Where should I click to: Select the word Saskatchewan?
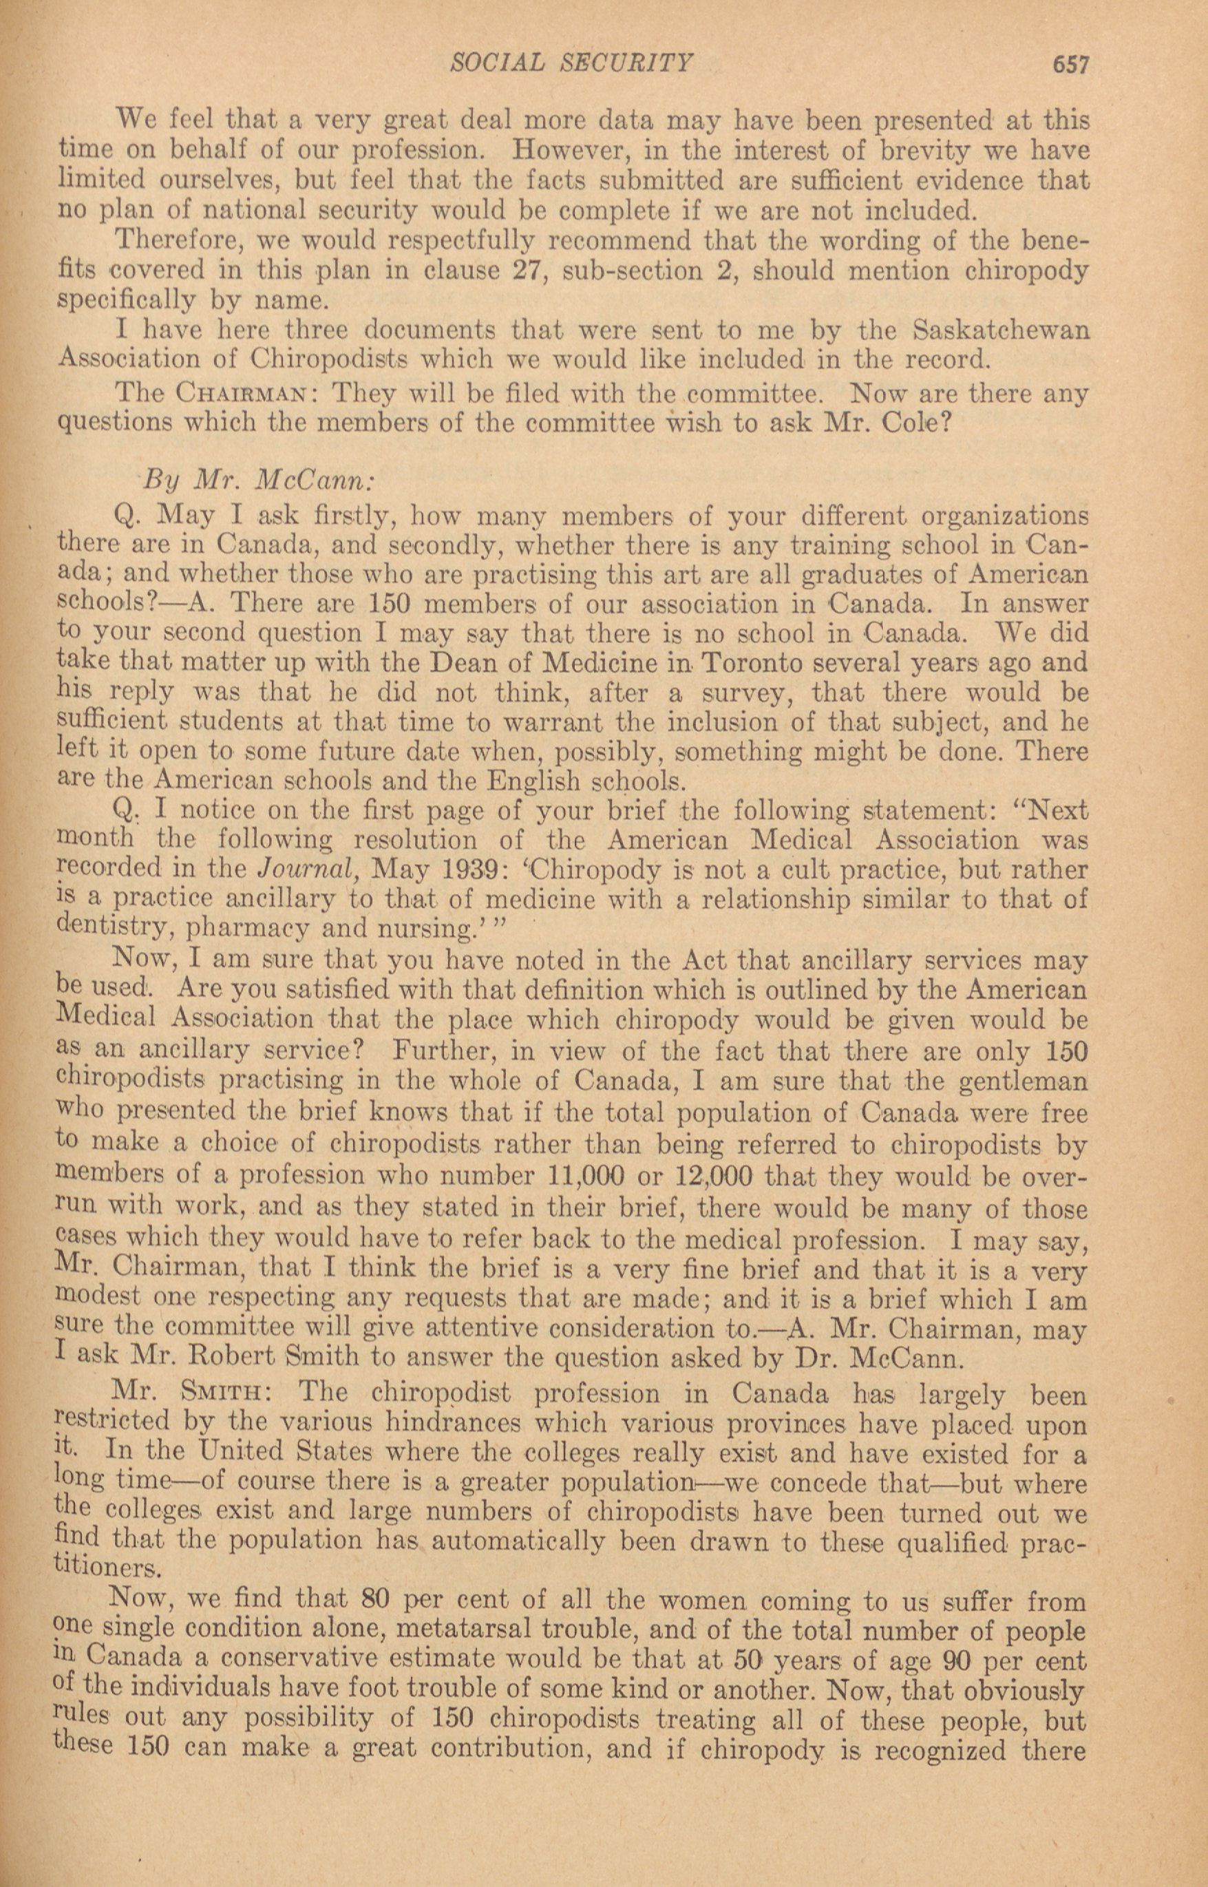1002,330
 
